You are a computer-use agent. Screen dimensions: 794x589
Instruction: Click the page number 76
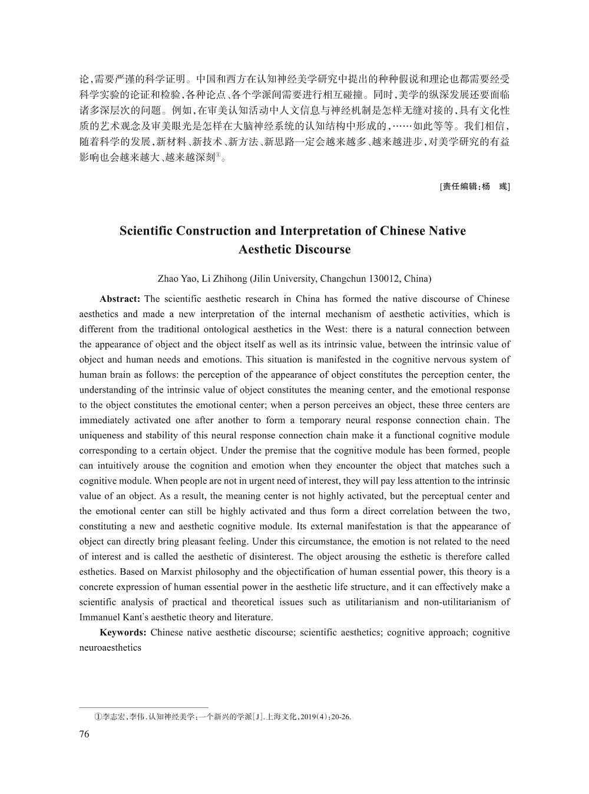click(x=84, y=734)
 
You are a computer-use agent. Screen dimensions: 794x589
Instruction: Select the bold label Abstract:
click(x=120, y=299)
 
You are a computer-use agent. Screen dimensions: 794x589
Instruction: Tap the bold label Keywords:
click(x=123, y=632)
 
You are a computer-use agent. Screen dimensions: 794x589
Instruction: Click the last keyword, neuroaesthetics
click(x=110, y=648)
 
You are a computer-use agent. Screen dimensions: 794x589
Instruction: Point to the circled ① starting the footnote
click(x=97, y=717)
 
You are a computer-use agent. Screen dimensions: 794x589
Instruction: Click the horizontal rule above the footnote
click(x=144, y=707)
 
